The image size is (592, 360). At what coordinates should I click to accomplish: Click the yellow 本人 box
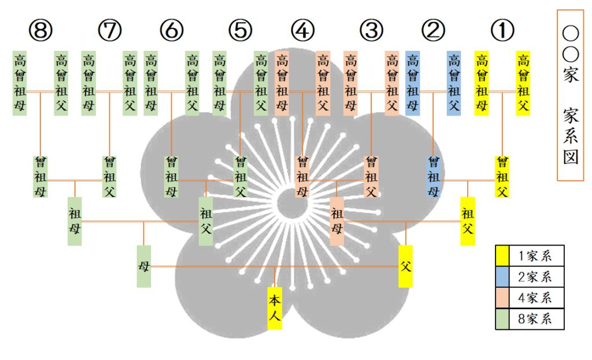coord(275,308)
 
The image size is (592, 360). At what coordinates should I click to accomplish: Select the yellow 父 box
coord(406,266)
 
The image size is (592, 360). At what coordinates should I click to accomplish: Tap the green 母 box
coord(144,266)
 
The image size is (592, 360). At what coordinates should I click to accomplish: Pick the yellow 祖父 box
coord(467,221)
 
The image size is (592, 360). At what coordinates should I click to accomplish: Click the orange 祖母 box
coord(336,221)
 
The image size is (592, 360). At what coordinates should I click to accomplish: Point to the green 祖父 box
coord(205,221)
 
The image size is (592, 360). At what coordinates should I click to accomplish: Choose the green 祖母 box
coord(75,221)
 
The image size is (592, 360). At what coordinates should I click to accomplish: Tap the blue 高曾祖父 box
coord(454,83)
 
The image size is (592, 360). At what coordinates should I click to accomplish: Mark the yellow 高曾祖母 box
coord(482,83)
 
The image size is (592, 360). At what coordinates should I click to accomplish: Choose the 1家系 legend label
coord(535,255)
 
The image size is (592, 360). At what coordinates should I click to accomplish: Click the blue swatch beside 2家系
coord(502,276)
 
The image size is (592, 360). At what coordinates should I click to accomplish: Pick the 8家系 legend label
coord(535,319)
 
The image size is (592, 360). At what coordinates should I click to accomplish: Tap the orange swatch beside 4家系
coord(502,298)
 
